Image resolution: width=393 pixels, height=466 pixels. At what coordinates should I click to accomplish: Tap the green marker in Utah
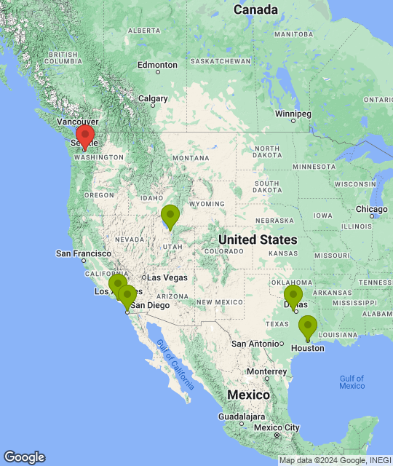[170, 216]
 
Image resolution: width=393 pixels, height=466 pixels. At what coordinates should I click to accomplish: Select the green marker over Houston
[308, 327]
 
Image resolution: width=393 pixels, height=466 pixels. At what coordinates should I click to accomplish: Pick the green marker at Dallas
[293, 296]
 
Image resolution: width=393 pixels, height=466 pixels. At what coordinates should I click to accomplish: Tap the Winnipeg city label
[293, 114]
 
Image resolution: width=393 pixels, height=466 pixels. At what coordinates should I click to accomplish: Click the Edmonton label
[157, 65]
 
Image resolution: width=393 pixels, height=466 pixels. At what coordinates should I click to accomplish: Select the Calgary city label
[153, 98]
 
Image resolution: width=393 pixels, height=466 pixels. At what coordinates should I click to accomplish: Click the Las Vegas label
[167, 277]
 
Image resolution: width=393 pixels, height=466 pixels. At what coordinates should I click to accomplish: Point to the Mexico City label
[277, 427]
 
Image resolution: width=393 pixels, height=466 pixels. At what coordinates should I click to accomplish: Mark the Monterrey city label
[266, 371]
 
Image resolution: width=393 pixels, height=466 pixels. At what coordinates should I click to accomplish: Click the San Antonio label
[255, 343]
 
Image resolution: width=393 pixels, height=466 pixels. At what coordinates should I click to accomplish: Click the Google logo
[23, 457]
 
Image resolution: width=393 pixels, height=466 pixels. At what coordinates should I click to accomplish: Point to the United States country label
[258, 240]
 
